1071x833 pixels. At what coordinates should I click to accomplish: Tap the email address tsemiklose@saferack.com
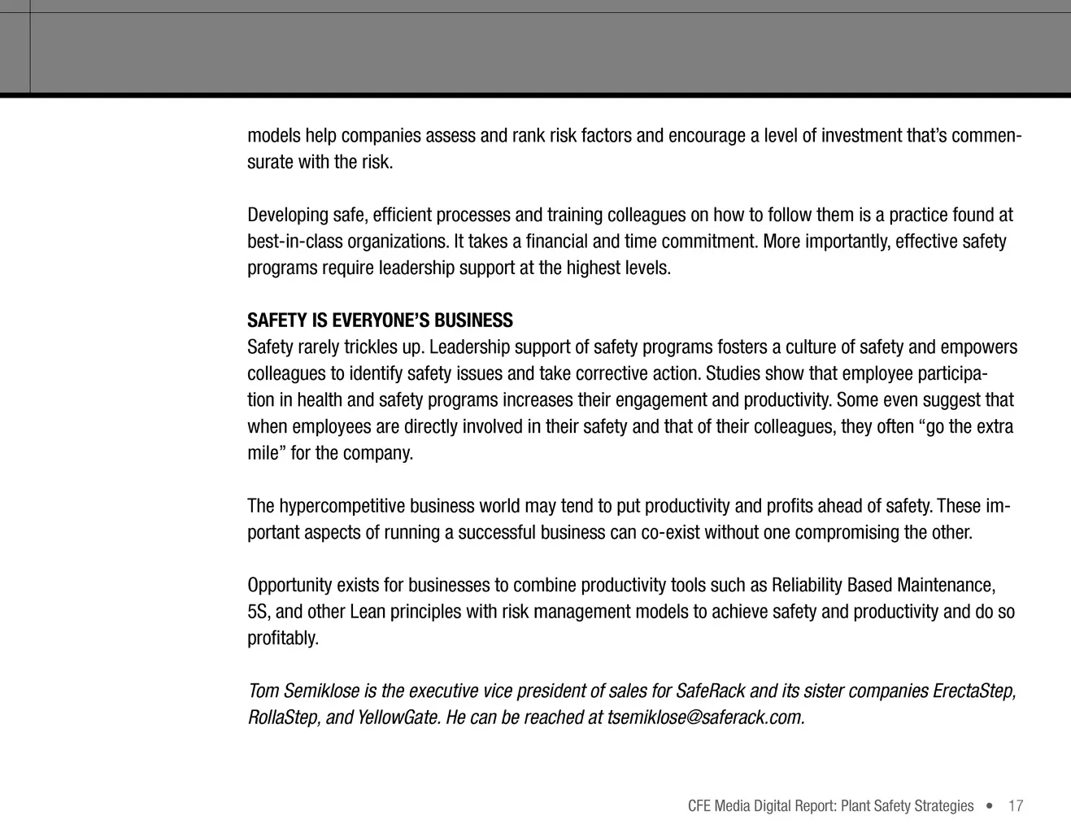pyautogui.click(x=706, y=717)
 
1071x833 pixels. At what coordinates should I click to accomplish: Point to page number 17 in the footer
pyautogui.click(x=1015, y=806)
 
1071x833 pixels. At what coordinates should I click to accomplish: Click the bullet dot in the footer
pyautogui.click(x=989, y=806)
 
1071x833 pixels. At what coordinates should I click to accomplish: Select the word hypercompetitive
pyautogui.click(x=342, y=506)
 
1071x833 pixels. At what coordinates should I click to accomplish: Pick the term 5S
pyautogui.click(x=258, y=612)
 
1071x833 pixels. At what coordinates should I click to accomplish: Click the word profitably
pyautogui.click(x=283, y=639)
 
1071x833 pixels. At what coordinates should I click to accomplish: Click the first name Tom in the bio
pyautogui.click(x=262, y=691)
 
